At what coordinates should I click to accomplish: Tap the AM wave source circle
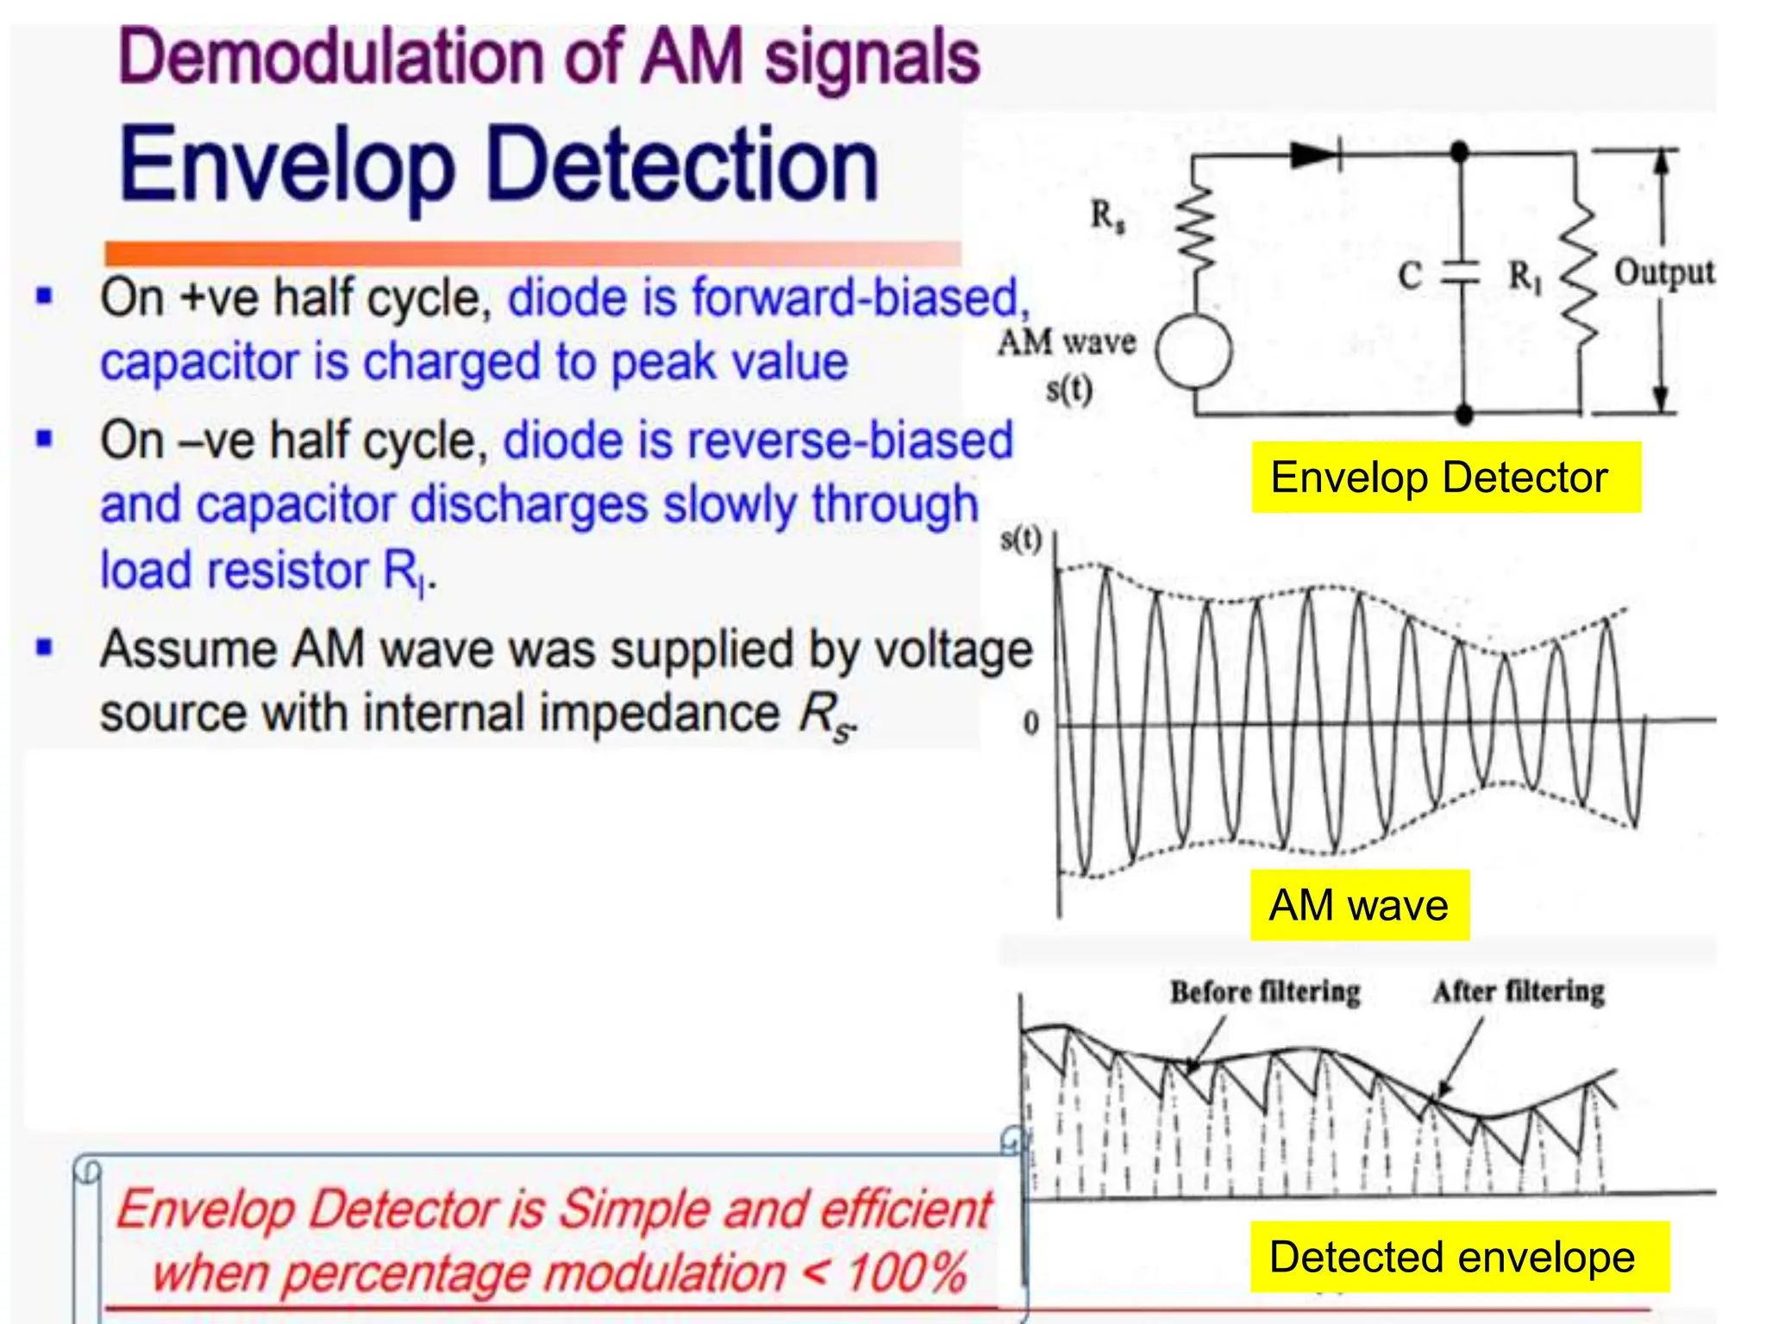tap(1193, 351)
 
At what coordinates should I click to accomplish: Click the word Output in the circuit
tap(1663, 272)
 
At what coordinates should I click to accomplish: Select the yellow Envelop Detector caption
tap(1445, 478)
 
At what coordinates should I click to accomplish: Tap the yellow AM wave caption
tap(1359, 905)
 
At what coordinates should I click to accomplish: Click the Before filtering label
tap(1265, 991)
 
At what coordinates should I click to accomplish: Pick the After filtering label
tap(1519, 991)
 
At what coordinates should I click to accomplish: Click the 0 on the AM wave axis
tap(1030, 722)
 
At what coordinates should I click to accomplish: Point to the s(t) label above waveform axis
tap(1021, 540)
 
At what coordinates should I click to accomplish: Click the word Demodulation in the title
tap(333, 59)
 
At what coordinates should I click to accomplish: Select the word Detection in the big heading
tap(681, 165)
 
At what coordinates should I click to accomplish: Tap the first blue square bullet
tap(44, 297)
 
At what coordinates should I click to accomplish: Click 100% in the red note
tap(905, 1272)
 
